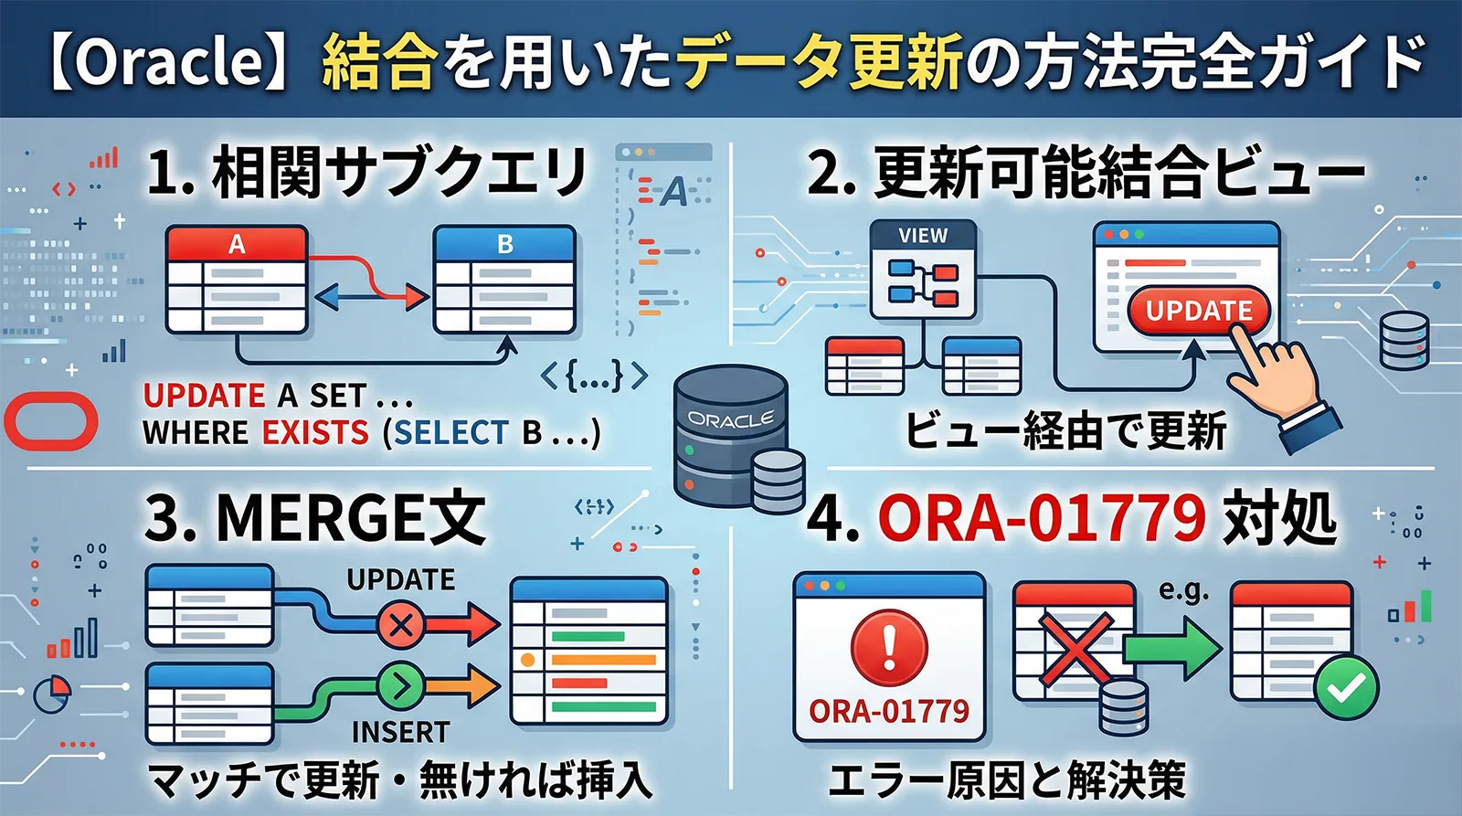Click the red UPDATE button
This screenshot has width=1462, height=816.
click(x=1198, y=311)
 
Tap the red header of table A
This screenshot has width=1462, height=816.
click(x=237, y=244)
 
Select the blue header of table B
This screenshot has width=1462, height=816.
click(x=504, y=244)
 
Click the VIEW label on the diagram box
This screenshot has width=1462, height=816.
click(x=923, y=236)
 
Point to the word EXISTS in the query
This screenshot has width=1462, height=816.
click(x=315, y=432)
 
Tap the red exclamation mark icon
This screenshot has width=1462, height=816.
click(x=889, y=646)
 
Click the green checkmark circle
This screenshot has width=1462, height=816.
click(x=1346, y=687)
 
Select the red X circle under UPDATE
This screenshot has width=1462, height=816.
click(x=400, y=626)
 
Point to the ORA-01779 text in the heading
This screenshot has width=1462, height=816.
click(x=1042, y=519)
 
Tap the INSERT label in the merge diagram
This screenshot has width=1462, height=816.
click(x=400, y=732)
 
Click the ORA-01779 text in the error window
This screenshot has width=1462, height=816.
click(x=889, y=711)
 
